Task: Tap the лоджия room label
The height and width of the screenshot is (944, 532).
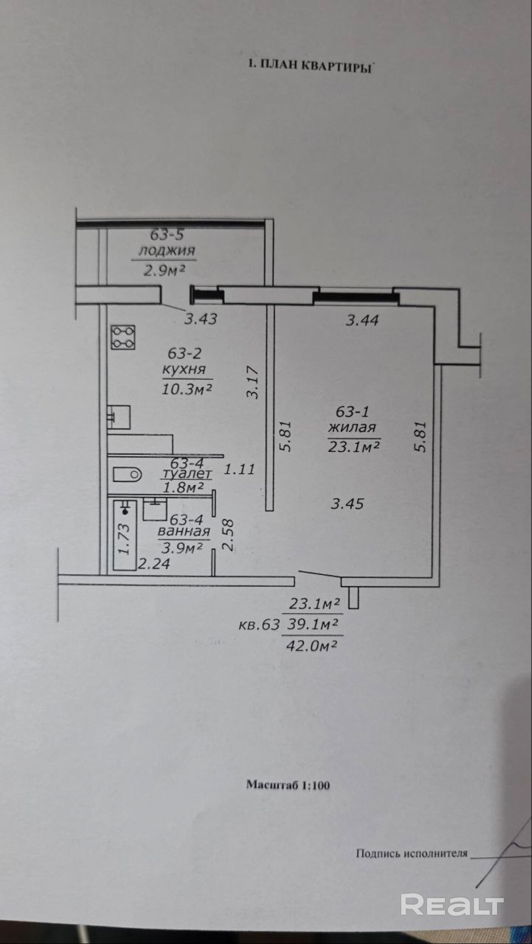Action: pyautogui.click(x=166, y=251)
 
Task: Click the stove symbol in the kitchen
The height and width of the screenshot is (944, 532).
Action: pyautogui.click(x=124, y=337)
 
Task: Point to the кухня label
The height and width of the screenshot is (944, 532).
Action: pyautogui.click(x=184, y=369)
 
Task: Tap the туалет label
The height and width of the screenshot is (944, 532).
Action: pyautogui.click(x=187, y=473)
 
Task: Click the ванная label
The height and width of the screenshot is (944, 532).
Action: pyautogui.click(x=184, y=532)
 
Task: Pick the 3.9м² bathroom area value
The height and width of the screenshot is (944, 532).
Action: pyautogui.click(x=182, y=548)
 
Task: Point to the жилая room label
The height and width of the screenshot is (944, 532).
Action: pyautogui.click(x=352, y=427)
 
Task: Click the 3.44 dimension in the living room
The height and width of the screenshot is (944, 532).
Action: pyautogui.click(x=362, y=321)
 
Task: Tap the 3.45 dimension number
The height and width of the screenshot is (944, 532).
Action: pyautogui.click(x=347, y=504)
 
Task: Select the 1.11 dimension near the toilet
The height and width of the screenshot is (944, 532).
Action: pyautogui.click(x=239, y=469)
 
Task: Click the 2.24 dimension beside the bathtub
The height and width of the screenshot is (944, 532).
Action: pyautogui.click(x=154, y=563)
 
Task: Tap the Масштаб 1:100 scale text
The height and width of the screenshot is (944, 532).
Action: pyautogui.click(x=288, y=785)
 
